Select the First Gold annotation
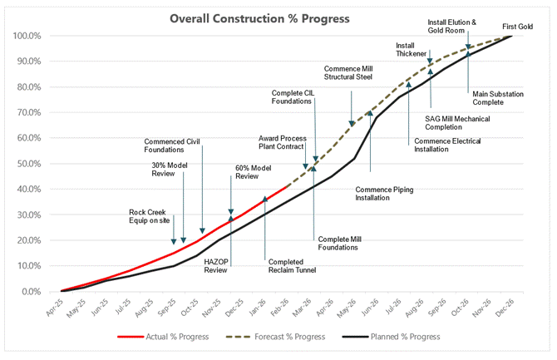click(519, 27)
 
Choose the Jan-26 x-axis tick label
click(264, 309)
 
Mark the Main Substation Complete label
click(498, 98)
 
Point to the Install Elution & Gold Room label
click(452, 27)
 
